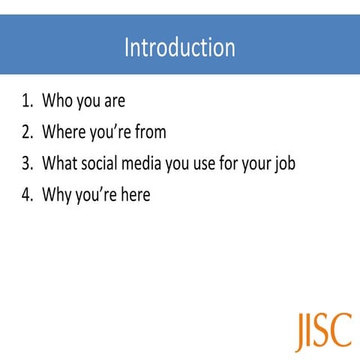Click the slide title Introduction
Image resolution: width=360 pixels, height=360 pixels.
pyautogui.click(x=179, y=47)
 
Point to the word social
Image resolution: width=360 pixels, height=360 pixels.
pyautogui.click(x=106, y=163)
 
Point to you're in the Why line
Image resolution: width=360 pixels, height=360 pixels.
pyautogui.click(x=94, y=196)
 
